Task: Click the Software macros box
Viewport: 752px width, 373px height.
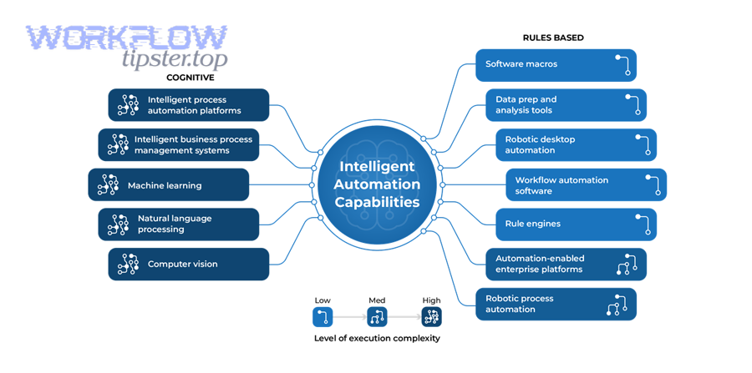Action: pyautogui.click(x=556, y=65)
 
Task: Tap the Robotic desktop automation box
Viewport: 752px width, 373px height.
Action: pyautogui.click(x=576, y=145)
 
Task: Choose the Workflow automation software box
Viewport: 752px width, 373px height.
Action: pyautogui.click(x=586, y=185)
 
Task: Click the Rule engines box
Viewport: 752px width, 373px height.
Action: pyautogui.click(x=576, y=224)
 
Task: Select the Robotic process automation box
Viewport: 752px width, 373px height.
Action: pyautogui.click(x=556, y=305)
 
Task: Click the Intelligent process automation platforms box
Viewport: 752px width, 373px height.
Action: pyautogui.click(x=189, y=105)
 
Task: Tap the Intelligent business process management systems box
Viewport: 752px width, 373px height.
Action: pyautogui.click(x=179, y=145)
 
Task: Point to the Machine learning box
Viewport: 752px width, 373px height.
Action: pyautogui.click(x=169, y=185)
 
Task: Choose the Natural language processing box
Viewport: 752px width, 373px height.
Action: pyautogui.click(x=179, y=224)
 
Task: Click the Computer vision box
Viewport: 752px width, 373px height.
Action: pyautogui.click(x=189, y=265)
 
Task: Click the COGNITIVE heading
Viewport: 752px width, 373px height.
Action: pyautogui.click(x=191, y=78)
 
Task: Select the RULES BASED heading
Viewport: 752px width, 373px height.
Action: pyautogui.click(x=553, y=38)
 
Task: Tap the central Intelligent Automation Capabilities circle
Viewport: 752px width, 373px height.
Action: pyautogui.click(x=377, y=185)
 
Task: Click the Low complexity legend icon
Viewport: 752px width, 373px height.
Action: pyautogui.click(x=323, y=317)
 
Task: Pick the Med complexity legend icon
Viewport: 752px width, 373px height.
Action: pyautogui.click(x=377, y=317)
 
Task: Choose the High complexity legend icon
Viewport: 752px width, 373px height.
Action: pyautogui.click(x=431, y=317)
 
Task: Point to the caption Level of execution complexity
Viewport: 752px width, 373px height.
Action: pyautogui.click(x=377, y=339)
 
